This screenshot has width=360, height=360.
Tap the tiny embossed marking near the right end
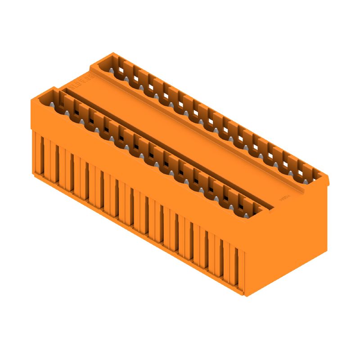click(284, 198)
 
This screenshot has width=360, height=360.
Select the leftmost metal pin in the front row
click(52, 104)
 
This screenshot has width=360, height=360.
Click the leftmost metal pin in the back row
click(111, 71)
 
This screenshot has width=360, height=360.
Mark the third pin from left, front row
click(82, 121)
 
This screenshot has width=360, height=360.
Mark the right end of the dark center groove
click(270, 207)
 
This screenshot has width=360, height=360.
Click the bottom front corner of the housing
click(245, 295)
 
